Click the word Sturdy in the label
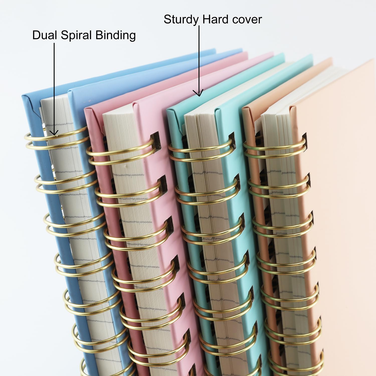pos(181,20)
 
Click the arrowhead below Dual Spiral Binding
pos(54,132)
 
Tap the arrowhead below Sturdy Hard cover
pos(199,93)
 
